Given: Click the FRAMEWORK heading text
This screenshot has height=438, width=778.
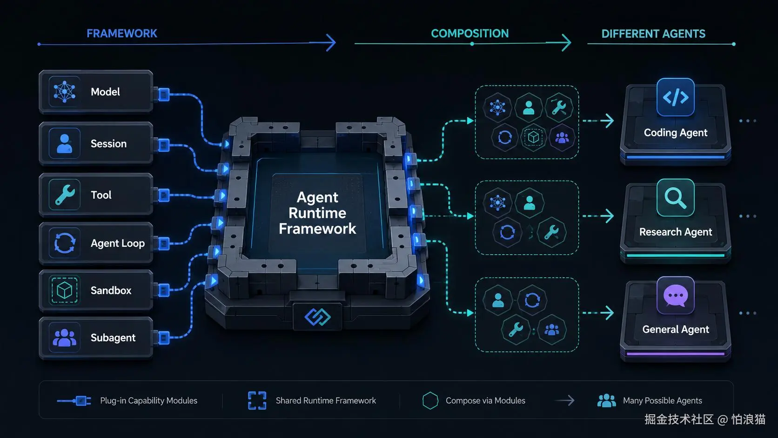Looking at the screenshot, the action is pyautogui.click(x=122, y=34).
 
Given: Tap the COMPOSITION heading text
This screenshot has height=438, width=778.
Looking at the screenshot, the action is pyautogui.click(x=470, y=34).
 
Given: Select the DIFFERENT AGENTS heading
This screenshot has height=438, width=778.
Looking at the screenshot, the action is pyautogui.click(x=653, y=34).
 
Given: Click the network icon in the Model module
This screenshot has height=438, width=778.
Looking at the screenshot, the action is pyautogui.click(x=65, y=92).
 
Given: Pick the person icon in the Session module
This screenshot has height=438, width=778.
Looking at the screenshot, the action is pyautogui.click(x=64, y=143).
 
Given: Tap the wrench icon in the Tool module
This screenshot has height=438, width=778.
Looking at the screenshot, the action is pyautogui.click(x=65, y=195).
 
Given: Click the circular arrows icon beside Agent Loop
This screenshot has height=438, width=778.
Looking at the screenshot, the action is pyautogui.click(x=65, y=243).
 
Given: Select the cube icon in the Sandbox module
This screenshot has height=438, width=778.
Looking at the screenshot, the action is pyautogui.click(x=64, y=290).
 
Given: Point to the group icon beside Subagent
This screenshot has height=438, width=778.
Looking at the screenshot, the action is pyautogui.click(x=65, y=337).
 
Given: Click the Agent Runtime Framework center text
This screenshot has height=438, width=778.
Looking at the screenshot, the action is pyautogui.click(x=317, y=213).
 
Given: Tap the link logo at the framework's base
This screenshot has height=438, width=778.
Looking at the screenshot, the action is pyautogui.click(x=317, y=317).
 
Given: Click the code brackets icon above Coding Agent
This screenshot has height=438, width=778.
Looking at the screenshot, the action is pyautogui.click(x=676, y=97).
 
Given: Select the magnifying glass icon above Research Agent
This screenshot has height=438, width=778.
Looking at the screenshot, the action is pyautogui.click(x=676, y=198).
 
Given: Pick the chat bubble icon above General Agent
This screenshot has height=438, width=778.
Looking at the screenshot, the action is pyautogui.click(x=676, y=296).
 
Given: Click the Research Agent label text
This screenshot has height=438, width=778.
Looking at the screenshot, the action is pyautogui.click(x=676, y=232).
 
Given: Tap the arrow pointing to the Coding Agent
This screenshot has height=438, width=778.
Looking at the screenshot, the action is pyautogui.click(x=598, y=121).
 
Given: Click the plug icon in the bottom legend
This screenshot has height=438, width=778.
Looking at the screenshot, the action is pyautogui.click(x=74, y=401).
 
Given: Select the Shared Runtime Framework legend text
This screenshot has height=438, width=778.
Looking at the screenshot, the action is pyautogui.click(x=326, y=400).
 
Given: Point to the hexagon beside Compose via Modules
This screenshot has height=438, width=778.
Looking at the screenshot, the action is pyautogui.click(x=430, y=400).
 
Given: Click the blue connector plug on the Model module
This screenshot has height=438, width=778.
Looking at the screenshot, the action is pyautogui.click(x=164, y=94).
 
